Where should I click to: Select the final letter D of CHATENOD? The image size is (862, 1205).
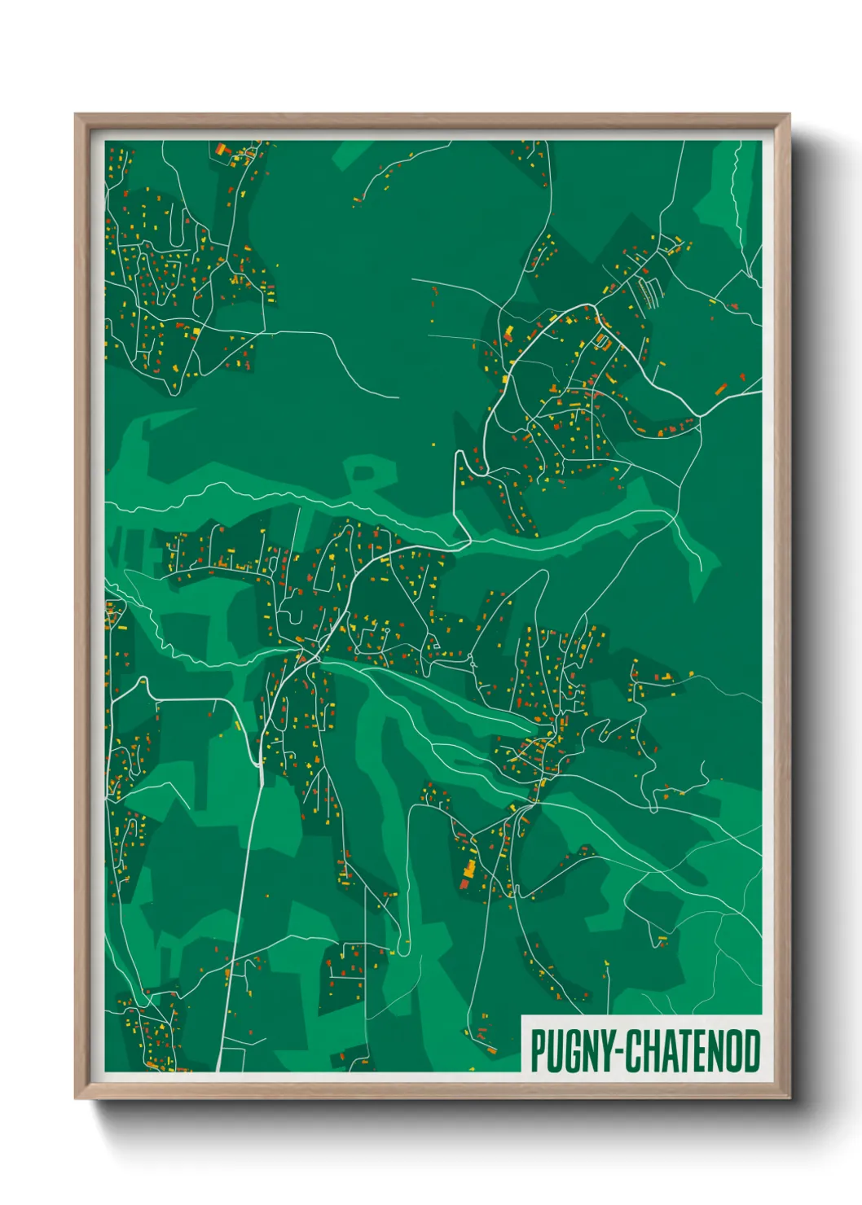[752, 1051]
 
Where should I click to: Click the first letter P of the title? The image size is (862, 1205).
[538, 1051]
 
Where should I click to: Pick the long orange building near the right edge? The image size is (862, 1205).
[720, 388]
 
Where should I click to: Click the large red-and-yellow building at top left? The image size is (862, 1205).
[220, 150]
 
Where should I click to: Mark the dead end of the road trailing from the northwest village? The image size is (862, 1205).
[398, 398]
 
